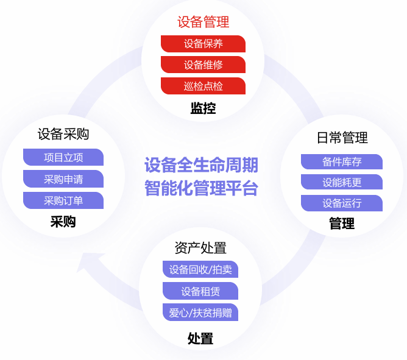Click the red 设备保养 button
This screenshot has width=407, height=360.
[203, 44]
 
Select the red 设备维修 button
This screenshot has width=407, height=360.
[203, 65]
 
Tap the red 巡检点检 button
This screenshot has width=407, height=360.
[203, 86]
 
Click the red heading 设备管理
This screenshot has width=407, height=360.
[203, 23]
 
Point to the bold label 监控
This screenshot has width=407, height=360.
[203, 108]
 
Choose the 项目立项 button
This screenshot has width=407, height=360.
[63, 157]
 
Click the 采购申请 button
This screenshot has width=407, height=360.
[63, 179]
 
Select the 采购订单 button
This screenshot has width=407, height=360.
[63, 200]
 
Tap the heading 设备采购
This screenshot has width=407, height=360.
[63, 134]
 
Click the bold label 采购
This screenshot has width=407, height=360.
[63, 222]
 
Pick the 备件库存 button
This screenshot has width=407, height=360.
[342, 162]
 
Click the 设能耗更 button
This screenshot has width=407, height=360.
[342, 182]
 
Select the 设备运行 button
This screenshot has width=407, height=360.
[342, 203]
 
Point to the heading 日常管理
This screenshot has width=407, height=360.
[342, 138]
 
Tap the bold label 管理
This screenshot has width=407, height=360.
[342, 224]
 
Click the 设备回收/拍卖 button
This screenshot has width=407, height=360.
[200, 270]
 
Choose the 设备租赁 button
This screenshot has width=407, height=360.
[200, 291]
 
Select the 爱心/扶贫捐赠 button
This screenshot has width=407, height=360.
[200, 312]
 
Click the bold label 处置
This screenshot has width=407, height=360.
[200, 339]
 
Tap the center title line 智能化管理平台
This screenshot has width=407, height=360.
[201, 187]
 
